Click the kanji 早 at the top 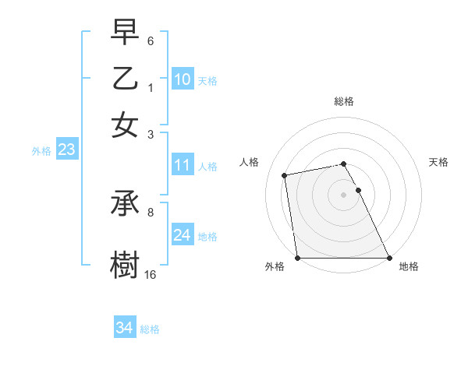(x=125, y=33)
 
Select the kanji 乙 (x=125, y=78)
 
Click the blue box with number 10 (x=182, y=79)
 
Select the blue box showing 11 (x=182, y=165)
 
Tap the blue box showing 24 (x=182, y=235)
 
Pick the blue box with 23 (x=66, y=150)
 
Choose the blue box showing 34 (x=124, y=329)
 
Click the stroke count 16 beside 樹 (x=151, y=274)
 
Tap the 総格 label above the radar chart (x=344, y=101)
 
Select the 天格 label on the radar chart (x=438, y=162)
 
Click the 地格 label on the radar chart (x=409, y=266)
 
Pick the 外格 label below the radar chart (x=275, y=266)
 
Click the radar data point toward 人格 (x=285, y=175)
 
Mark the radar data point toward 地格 (x=388, y=258)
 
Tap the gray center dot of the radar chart (x=344, y=195)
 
